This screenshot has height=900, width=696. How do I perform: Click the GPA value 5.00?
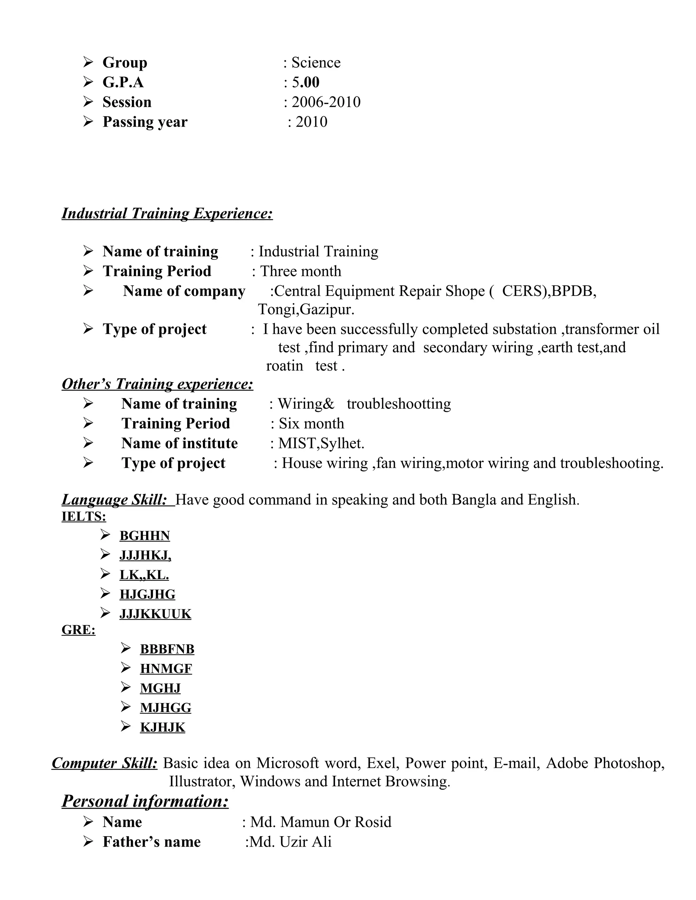coord(305,83)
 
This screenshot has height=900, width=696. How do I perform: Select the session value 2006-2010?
coord(326,102)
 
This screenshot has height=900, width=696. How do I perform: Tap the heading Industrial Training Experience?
coord(167,214)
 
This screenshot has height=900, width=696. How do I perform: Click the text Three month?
coord(300,271)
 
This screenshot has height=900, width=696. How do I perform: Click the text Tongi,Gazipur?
coord(306,309)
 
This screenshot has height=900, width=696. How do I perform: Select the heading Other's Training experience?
coord(157,384)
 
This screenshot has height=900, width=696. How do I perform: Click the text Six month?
coord(311,424)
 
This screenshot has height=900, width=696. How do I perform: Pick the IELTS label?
coord(84,516)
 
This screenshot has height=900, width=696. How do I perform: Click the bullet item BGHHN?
coord(145,536)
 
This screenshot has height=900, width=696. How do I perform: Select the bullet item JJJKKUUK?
coord(155,614)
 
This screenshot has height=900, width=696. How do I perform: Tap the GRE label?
coord(79,630)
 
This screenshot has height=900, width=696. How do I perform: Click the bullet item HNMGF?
coord(166,668)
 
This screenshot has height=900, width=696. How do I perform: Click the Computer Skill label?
coord(104,763)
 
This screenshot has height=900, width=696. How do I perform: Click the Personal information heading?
coord(145,802)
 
